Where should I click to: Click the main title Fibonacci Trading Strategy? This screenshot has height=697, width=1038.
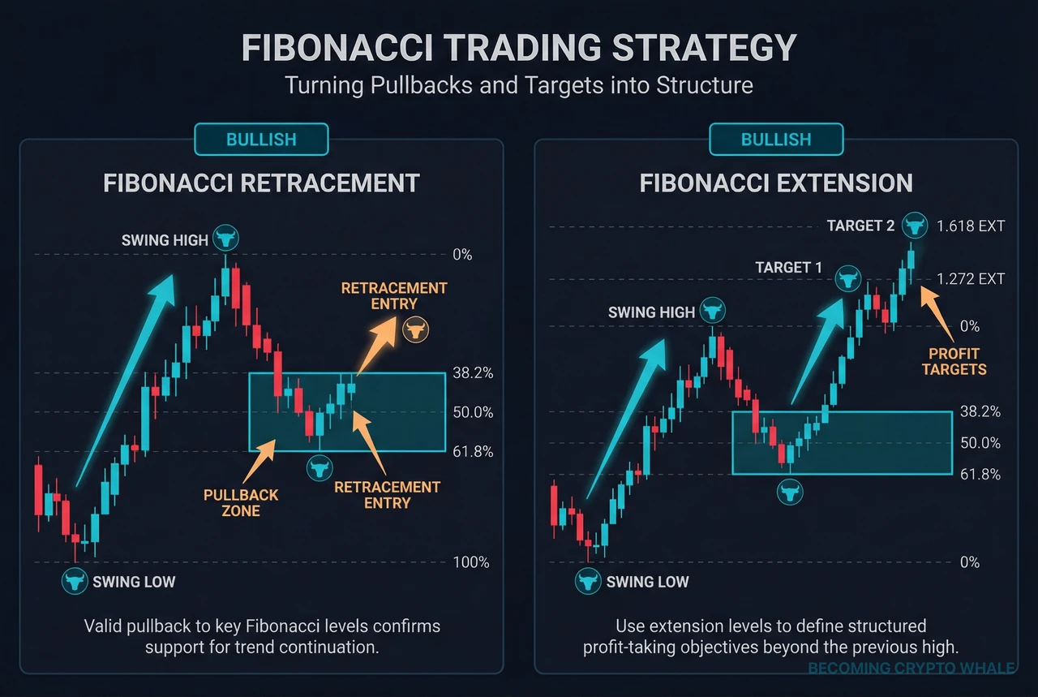(x=519, y=49)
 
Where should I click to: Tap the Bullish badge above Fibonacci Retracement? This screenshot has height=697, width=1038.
(x=261, y=140)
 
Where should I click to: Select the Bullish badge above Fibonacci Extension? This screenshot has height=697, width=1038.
(x=776, y=140)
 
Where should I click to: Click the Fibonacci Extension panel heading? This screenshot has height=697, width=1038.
(x=776, y=183)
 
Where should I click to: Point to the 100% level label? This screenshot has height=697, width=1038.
(x=470, y=562)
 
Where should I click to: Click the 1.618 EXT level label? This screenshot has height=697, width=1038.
(x=970, y=226)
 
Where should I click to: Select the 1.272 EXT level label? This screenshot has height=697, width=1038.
(x=970, y=279)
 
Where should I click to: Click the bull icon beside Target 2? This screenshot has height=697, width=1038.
(x=915, y=225)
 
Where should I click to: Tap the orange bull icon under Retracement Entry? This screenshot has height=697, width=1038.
(x=417, y=330)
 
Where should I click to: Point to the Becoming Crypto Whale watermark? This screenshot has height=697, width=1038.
(x=911, y=669)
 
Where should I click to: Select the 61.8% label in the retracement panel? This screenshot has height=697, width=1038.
(x=473, y=452)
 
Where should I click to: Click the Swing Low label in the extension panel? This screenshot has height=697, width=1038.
(x=647, y=582)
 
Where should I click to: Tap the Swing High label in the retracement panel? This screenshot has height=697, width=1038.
(x=165, y=240)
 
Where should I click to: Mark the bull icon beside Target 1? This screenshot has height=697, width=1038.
(x=848, y=279)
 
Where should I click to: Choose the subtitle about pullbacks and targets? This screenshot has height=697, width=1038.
(x=519, y=85)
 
